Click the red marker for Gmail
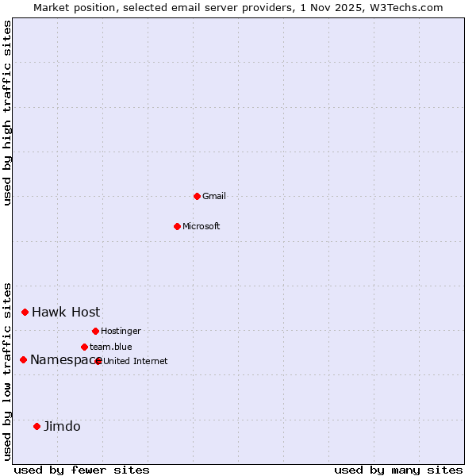click(x=197, y=196)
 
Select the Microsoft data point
click(x=177, y=226)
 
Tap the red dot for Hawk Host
click(x=25, y=312)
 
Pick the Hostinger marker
click(x=95, y=331)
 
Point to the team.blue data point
click(x=84, y=347)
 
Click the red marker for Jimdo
click(x=36, y=426)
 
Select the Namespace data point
click(x=23, y=359)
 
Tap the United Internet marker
click(x=98, y=361)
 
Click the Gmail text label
click(x=214, y=196)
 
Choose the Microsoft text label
click(x=202, y=226)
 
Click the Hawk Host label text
click(x=66, y=312)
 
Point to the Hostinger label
click(x=121, y=331)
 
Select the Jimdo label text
click(x=62, y=426)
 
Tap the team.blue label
click(x=111, y=347)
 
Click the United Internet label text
click(x=136, y=361)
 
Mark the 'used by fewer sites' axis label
click(x=82, y=470)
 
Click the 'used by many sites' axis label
click(x=398, y=470)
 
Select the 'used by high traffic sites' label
click(x=8, y=113)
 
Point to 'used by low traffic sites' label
click(x=8, y=371)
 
